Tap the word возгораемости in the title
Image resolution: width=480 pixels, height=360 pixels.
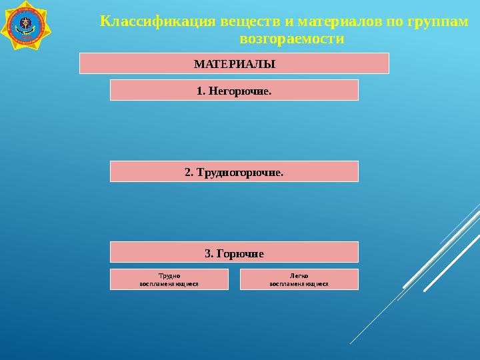[x=291, y=39]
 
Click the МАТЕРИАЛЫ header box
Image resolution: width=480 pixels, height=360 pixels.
[x=234, y=64]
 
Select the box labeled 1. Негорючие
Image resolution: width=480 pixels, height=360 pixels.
[x=234, y=90]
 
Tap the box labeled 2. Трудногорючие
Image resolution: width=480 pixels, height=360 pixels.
[x=234, y=171]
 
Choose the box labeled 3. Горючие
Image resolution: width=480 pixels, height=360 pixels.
[x=234, y=252]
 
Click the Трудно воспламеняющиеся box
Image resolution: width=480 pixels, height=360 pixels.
[x=169, y=279]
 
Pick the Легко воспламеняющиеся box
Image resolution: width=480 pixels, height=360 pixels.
[x=299, y=279]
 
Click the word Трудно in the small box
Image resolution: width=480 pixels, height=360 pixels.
[x=169, y=275]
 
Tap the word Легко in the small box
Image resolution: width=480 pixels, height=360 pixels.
[x=299, y=275]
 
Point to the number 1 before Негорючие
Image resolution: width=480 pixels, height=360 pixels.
[x=200, y=90]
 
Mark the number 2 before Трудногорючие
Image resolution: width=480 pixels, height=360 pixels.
[x=188, y=172]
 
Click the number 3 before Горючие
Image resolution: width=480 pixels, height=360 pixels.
[x=207, y=253]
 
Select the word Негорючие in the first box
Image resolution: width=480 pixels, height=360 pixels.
[x=240, y=90]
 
